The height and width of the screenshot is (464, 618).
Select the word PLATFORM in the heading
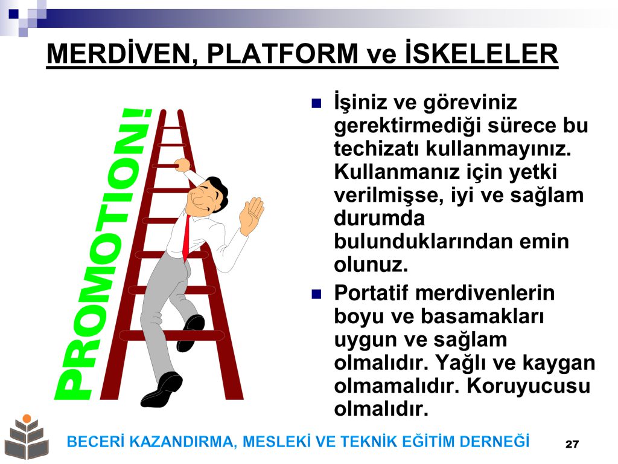coord(282,54)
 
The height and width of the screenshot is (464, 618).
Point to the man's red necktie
coord(186,238)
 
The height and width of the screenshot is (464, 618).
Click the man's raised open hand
coord(251,216)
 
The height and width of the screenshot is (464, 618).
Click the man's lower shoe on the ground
coord(162,390)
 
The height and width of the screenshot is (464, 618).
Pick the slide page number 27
coord(572,444)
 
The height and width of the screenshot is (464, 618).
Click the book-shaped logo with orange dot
coord(27,437)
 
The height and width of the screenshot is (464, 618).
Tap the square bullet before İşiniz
coord(316,103)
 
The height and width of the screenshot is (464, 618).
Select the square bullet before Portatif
coord(316,294)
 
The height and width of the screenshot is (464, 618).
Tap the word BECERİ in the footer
coord(96,442)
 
